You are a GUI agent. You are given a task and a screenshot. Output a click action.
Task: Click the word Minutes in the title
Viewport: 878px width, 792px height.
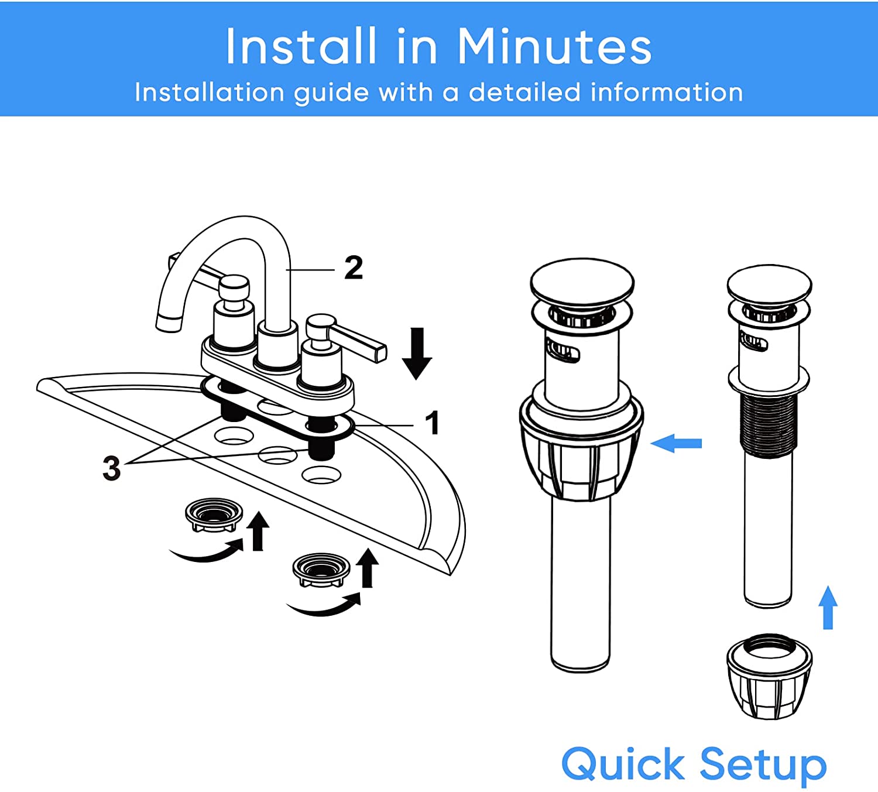(x=554, y=46)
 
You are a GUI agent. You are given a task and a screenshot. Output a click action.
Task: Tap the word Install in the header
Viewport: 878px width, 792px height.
(x=301, y=46)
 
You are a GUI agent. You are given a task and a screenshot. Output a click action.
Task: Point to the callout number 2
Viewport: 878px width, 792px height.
(x=354, y=268)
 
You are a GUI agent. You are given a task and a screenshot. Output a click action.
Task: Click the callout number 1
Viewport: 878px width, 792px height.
(x=433, y=423)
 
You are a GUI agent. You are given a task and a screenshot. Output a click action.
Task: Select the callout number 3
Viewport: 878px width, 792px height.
(x=112, y=468)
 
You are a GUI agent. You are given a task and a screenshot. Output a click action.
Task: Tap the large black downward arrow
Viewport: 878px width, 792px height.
(x=417, y=354)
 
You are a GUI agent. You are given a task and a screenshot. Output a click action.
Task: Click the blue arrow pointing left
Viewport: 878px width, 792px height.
(x=676, y=444)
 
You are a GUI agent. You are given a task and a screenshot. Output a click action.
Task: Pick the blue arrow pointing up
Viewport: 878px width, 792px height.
(x=828, y=608)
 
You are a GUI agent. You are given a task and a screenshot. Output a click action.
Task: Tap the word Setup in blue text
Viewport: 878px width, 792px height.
(x=763, y=766)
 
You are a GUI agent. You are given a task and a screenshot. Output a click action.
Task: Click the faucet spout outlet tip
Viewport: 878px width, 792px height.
(x=169, y=324)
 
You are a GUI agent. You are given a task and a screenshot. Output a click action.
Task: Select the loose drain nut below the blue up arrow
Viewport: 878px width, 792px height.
(x=769, y=677)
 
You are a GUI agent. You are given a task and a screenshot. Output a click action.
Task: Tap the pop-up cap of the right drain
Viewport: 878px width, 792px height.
(x=770, y=284)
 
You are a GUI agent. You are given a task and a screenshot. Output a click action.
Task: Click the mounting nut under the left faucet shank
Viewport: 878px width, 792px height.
(x=214, y=515)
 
